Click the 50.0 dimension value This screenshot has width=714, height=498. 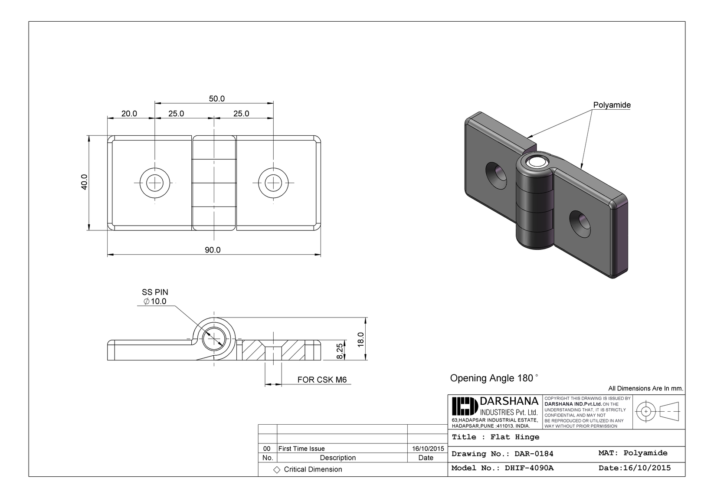(216, 98)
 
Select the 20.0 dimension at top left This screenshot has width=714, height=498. (129, 114)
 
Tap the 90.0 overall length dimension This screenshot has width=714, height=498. (213, 250)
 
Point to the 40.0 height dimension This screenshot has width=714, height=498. (85, 182)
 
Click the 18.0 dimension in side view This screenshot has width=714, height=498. (360, 339)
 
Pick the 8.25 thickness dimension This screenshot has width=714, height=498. (340, 350)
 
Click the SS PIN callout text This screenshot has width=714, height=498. (155, 292)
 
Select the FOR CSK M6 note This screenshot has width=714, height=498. (322, 380)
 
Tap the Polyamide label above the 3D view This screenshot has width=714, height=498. (612, 105)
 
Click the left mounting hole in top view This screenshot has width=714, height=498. (155, 183)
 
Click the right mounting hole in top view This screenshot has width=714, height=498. (273, 183)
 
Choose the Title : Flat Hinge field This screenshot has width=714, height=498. (495, 437)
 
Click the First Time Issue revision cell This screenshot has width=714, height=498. (301, 449)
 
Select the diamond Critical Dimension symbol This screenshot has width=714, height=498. (277, 470)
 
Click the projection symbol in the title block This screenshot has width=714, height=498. (657, 411)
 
